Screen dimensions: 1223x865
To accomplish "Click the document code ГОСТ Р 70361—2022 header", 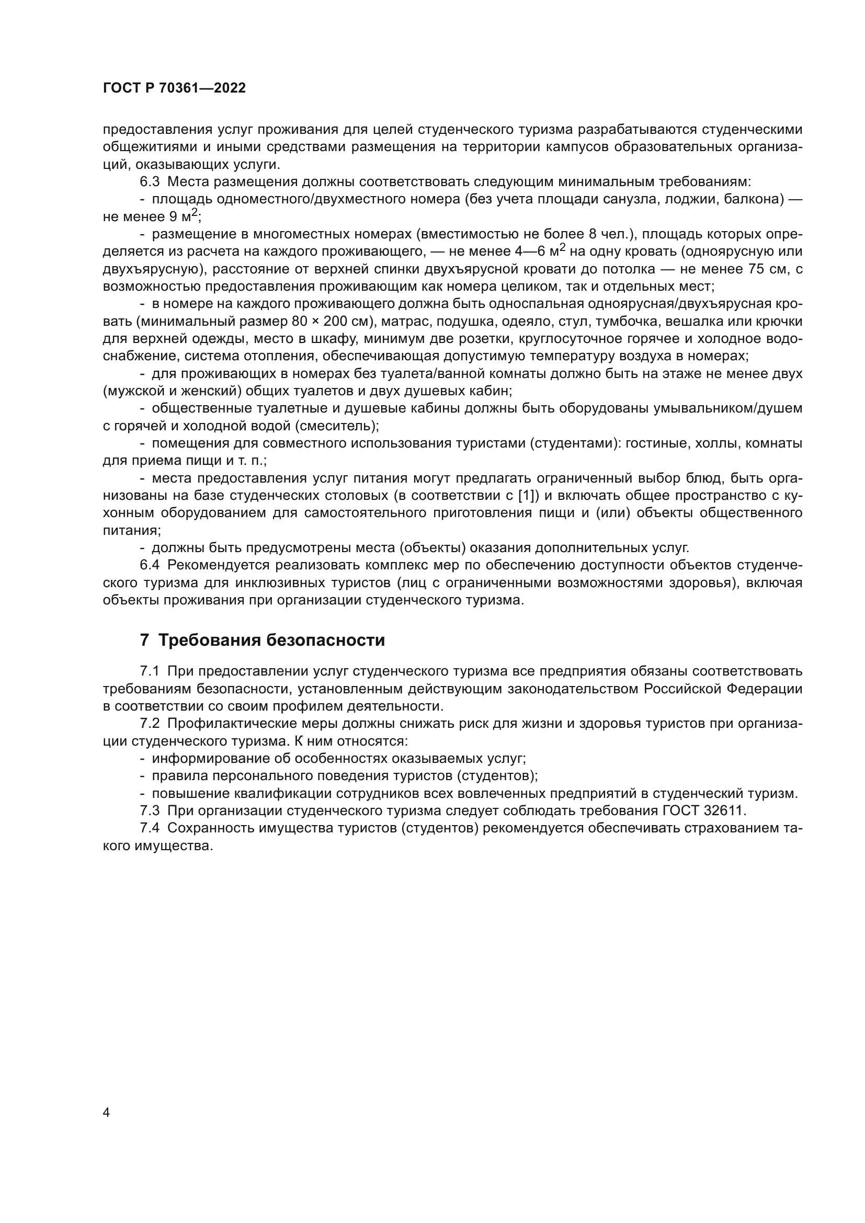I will [x=174, y=88].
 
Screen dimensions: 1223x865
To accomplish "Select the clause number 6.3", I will [x=150, y=181].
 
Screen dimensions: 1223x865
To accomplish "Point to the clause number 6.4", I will [x=150, y=565].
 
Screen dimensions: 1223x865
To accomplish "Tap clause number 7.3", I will [x=150, y=811].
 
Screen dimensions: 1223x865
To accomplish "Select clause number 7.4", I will [x=150, y=828].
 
